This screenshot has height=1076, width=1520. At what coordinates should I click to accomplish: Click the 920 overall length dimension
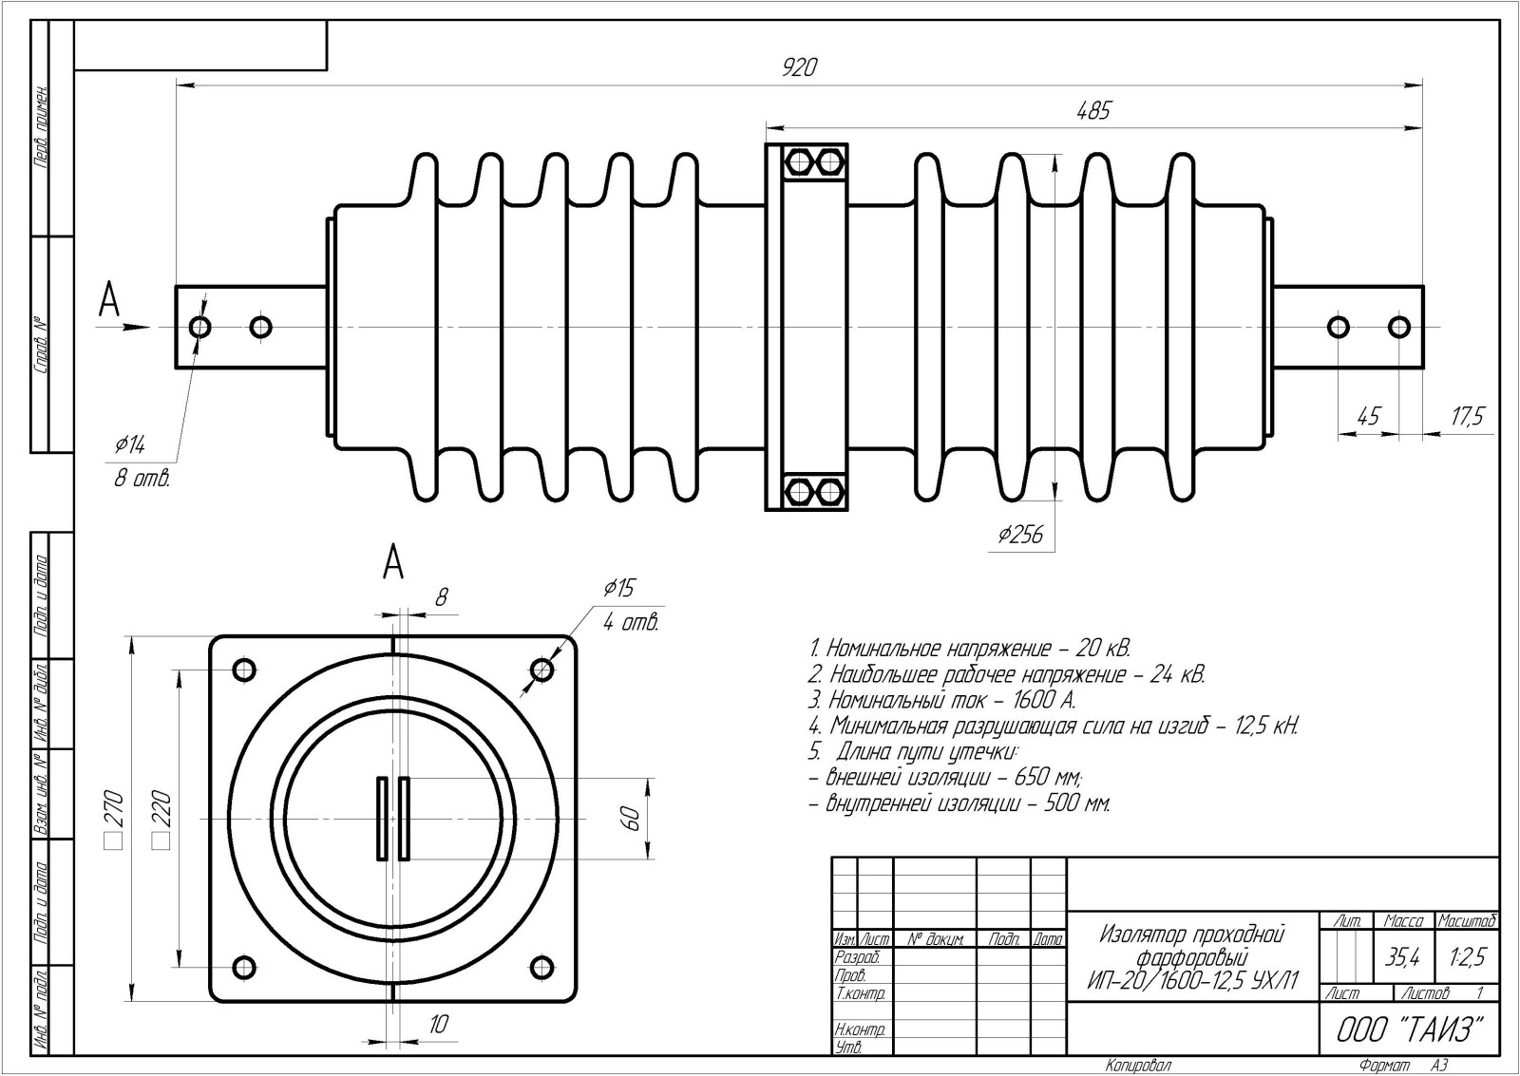point(799,68)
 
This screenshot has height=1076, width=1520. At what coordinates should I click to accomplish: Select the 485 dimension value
point(1092,111)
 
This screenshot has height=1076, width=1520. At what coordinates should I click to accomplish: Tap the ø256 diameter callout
point(1020,536)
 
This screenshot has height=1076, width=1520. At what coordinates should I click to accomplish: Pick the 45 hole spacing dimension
point(1368,416)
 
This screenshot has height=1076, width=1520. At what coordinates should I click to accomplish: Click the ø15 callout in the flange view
point(617,589)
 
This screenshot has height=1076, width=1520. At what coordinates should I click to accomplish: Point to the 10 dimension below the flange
point(438,1024)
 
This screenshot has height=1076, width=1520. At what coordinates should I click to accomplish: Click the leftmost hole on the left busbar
point(200,328)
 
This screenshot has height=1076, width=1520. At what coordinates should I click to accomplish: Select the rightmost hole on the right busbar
point(1398,328)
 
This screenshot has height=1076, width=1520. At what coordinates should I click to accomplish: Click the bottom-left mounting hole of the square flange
point(243,968)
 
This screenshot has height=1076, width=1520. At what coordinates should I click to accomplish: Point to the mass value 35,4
point(1402,958)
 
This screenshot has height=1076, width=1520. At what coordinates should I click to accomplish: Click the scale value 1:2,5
point(1467,958)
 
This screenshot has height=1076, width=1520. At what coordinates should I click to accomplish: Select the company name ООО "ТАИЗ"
point(1410,1029)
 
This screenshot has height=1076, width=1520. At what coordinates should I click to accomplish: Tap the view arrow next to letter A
point(131,328)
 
